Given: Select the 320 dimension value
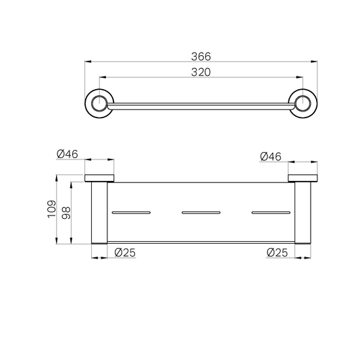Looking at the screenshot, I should [201, 71].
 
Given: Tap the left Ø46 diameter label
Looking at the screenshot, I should [68, 154].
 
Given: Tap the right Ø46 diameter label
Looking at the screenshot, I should [271, 156].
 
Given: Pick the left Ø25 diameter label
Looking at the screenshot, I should [126, 253].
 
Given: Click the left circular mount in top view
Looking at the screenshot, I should [99, 103].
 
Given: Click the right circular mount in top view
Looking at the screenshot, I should [303, 103].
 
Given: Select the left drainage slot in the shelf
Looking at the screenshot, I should [130, 213].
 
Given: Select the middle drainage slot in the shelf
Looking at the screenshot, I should [201, 213].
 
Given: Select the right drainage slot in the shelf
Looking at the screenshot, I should [270, 213].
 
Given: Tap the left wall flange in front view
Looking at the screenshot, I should [99, 178].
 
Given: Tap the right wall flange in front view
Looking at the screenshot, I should [303, 178].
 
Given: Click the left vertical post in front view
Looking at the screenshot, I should [99, 213].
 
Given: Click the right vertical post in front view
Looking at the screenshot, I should [303, 213].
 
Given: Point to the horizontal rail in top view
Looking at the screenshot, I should [201, 105].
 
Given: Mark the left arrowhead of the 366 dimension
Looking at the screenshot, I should [87, 62].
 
